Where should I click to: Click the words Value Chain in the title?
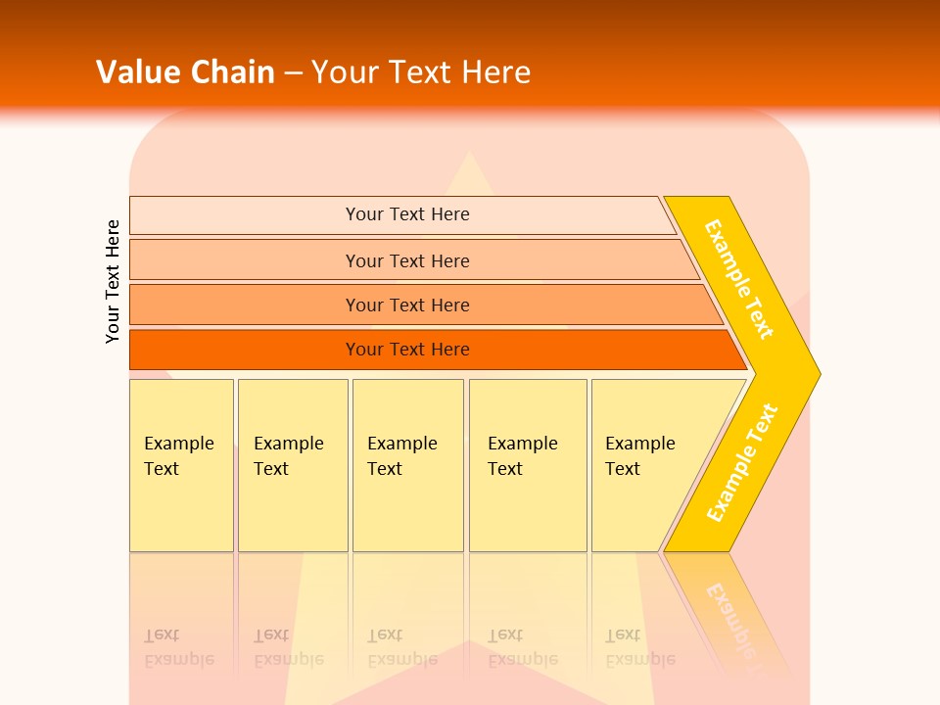185,72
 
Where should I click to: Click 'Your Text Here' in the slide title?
421,72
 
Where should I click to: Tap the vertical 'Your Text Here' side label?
113,281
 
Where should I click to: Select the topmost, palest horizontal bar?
245,215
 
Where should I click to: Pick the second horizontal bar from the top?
245,260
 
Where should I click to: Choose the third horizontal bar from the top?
245,305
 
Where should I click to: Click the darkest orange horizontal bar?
245,350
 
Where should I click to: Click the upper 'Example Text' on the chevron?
739,279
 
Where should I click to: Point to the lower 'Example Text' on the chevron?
742,463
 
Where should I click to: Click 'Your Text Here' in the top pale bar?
407,214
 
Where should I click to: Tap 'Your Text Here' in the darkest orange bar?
407,350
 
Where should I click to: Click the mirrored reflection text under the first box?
178,647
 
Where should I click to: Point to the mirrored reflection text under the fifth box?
639,647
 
